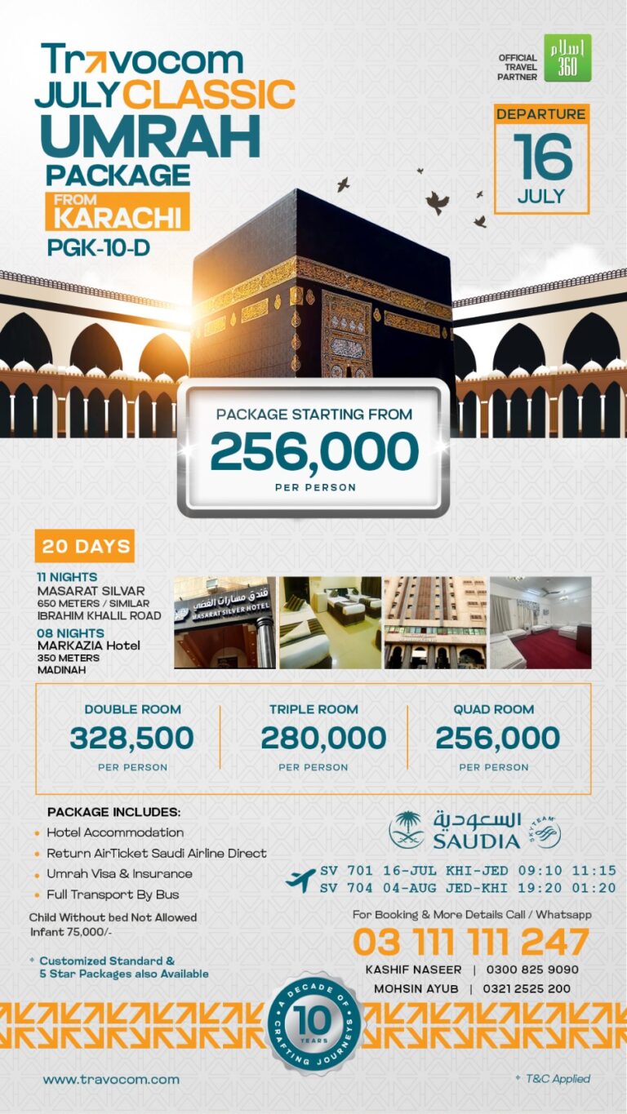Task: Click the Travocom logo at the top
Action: (x=142, y=60)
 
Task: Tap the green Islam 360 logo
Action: (x=567, y=58)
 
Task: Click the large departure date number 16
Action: (x=542, y=158)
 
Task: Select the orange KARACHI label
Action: (x=119, y=218)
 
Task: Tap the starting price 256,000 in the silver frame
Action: (x=313, y=451)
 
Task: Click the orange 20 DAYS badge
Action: (x=84, y=546)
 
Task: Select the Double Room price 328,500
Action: (x=131, y=738)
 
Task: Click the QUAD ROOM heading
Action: (x=493, y=709)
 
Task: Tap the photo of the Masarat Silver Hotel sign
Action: (x=225, y=623)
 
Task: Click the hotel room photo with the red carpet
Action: (x=540, y=623)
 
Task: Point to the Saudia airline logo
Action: (x=474, y=829)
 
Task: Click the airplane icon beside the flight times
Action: (x=300, y=880)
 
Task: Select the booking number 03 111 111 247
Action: (x=470, y=943)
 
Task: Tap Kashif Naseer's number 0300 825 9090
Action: (x=532, y=970)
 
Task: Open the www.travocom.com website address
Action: (x=111, y=1079)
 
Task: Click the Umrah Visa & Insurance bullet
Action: (x=119, y=873)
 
